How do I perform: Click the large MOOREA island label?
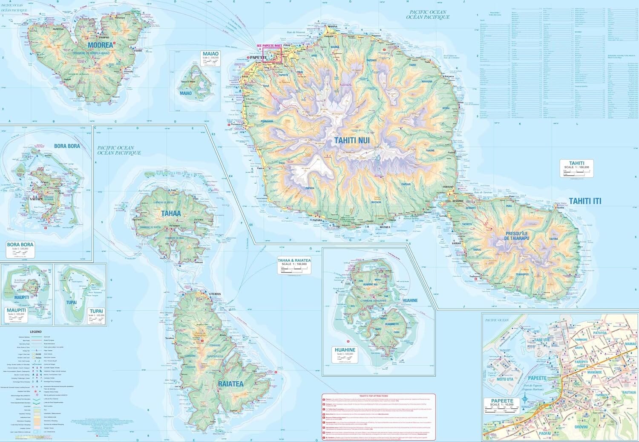[x=101, y=45]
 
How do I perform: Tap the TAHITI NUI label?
[x=352, y=140]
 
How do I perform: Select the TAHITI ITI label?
[x=585, y=201]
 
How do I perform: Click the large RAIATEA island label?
[x=230, y=384]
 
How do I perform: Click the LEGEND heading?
[x=36, y=332]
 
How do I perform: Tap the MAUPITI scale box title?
[x=16, y=310]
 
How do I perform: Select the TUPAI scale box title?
[x=96, y=311]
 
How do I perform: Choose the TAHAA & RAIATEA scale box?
[x=294, y=264]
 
